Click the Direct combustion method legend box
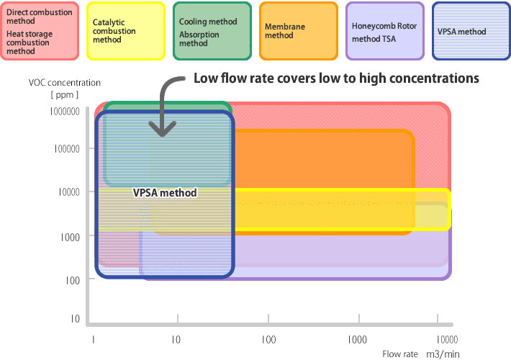[40, 31]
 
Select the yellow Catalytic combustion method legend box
[126, 31]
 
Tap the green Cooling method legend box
[212, 31]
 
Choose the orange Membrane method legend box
[299, 31]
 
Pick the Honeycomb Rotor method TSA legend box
[385, 31]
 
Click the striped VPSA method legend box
[471, 31]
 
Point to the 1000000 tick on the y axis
[65, 112]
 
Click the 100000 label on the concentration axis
[67, 149]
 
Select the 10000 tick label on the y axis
[69, 192]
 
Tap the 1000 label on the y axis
[71, 238]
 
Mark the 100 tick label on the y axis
[73, 280]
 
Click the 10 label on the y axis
[76, 318]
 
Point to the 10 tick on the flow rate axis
[176, 340]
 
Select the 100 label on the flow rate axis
[269, 340]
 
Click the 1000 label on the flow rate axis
[357, 340]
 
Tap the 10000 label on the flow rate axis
[447, 340]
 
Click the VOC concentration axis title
[65, 83]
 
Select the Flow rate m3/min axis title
[421, 354]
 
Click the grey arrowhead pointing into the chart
[162, 129]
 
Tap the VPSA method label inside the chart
[165, 193]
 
